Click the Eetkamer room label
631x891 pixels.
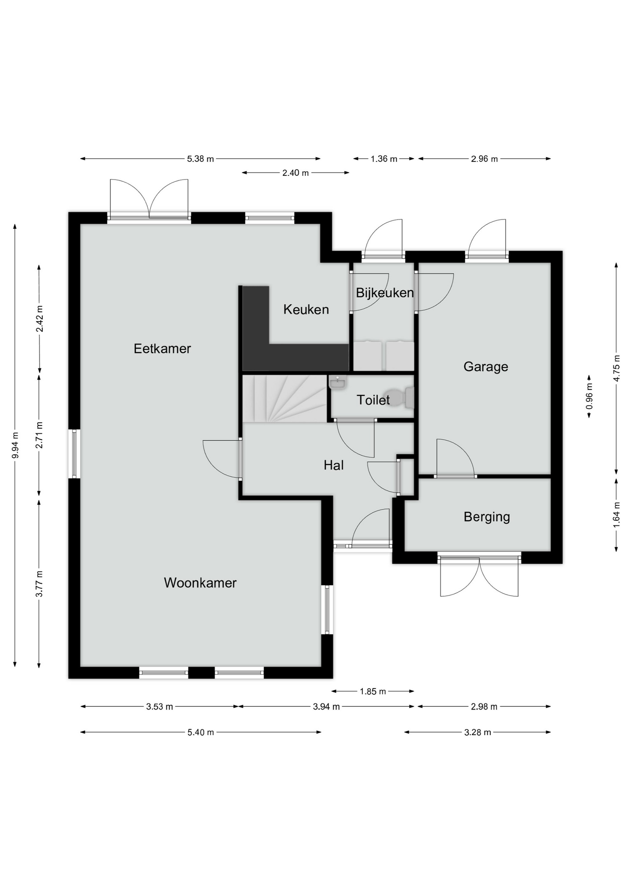click(162, 349)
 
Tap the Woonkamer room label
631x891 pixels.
click(200, 583)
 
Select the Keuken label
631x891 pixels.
click(306, 310)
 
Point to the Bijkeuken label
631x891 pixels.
click(385, 293)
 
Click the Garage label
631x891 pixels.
click(486, 367)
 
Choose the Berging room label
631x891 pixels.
click(486, 517)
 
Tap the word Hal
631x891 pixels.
click(334, 465)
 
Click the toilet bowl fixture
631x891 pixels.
click(399, 398)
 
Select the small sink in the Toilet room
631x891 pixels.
click(337, 383)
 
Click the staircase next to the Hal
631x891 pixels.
click(284, 399)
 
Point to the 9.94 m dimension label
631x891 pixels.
click(15, 445)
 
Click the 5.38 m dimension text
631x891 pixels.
click(200, 159)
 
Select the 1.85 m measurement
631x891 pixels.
click(373, 691)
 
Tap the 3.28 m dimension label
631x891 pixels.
click(478, 732)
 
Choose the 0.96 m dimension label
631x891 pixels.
click(589, 396)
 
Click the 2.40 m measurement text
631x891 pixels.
click(296, 173)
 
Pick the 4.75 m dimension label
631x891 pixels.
click(617, 368)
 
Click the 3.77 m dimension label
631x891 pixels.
click(39, 584)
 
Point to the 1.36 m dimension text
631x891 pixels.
click(384, 159)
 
